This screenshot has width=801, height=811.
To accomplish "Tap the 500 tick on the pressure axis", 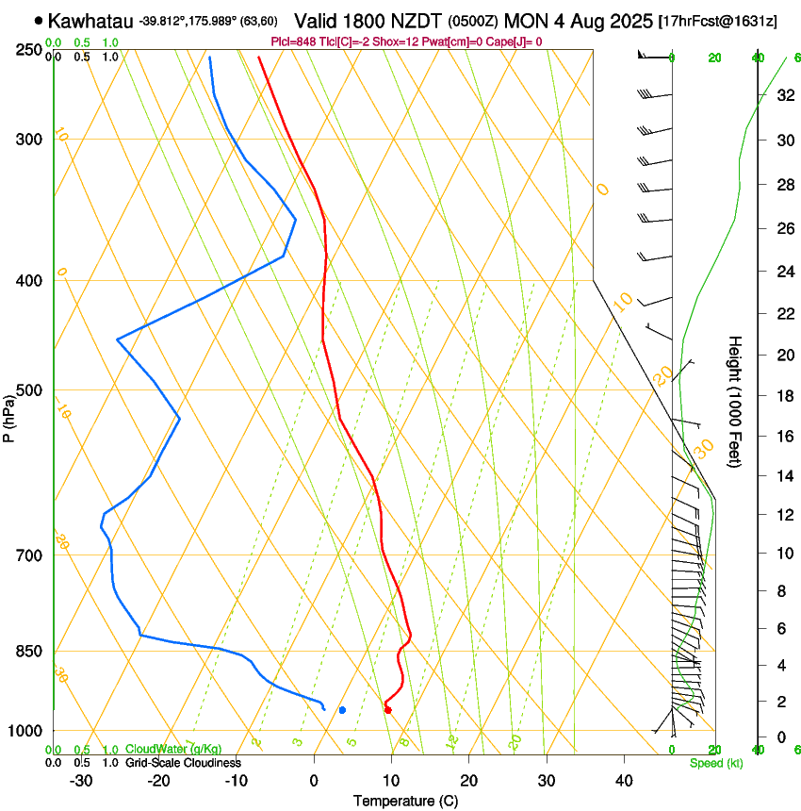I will click(29, 390).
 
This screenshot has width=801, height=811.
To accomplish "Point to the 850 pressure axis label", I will click(29, 652).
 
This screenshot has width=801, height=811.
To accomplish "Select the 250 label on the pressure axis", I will click(29, 49).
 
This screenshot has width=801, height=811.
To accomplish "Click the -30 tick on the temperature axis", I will click(81, 781).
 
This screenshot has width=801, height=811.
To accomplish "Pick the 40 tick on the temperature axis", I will click(623, 781).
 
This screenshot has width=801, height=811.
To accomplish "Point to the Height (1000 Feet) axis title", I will click(736, 401).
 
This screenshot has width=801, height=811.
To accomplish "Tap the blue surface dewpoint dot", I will click(342, 710).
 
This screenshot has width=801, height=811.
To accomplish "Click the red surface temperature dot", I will click(387, 710).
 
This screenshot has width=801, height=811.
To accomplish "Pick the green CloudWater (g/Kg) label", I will click(173, 749).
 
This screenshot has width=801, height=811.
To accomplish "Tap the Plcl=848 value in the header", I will click(292, 41).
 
